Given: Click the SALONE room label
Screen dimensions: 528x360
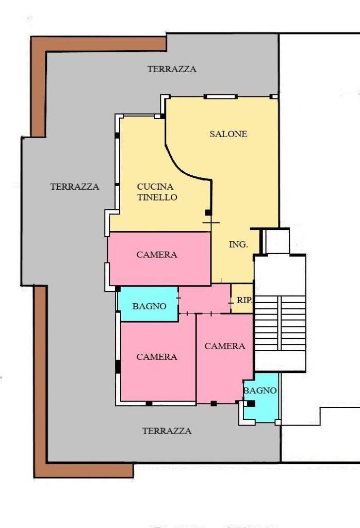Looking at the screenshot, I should pos(228,134).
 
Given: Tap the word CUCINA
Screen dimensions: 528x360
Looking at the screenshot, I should pos(155,187).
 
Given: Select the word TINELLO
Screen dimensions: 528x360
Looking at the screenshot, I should pos(157,197).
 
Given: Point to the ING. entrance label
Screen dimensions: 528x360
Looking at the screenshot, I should pos(238,245).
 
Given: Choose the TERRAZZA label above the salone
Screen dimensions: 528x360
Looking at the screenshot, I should pos(172,69).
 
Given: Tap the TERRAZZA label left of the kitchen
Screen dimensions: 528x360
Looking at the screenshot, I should pos(75,187).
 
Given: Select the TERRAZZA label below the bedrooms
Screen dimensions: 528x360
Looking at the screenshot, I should pos(167,431).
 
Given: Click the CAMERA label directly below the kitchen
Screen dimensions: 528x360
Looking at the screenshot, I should pos(157,255).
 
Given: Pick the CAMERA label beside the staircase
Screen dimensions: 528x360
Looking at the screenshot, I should pos(225,346).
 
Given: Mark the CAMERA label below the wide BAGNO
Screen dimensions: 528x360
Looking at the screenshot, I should pos(157,357).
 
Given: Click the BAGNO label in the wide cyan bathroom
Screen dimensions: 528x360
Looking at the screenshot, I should pos(150,306).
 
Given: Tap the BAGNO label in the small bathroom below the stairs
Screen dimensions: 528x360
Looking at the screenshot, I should pos(260,391).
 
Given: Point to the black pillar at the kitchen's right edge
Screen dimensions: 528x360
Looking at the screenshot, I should pos(208,212).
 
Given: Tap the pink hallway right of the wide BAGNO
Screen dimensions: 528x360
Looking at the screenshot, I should pos(204,299).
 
